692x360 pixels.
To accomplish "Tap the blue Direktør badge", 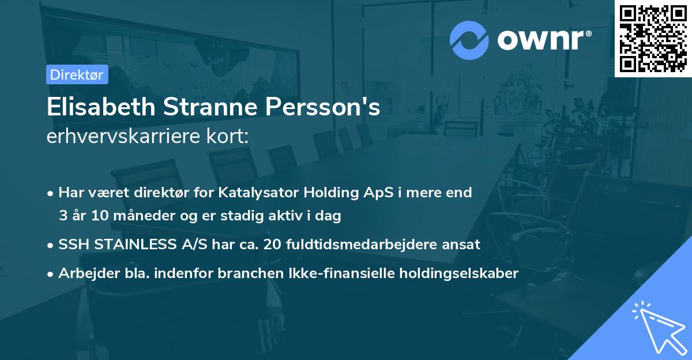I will coord(77,74).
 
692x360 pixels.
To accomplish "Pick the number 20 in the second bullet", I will coord(271,245).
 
